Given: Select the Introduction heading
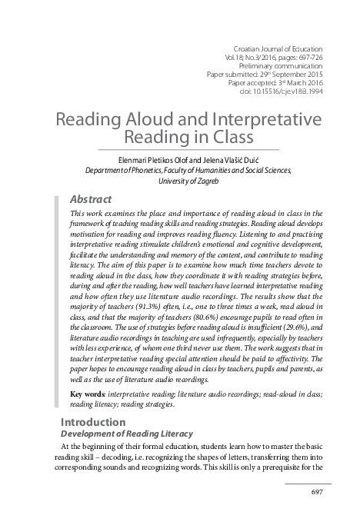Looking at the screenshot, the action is [x=93, y=421].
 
